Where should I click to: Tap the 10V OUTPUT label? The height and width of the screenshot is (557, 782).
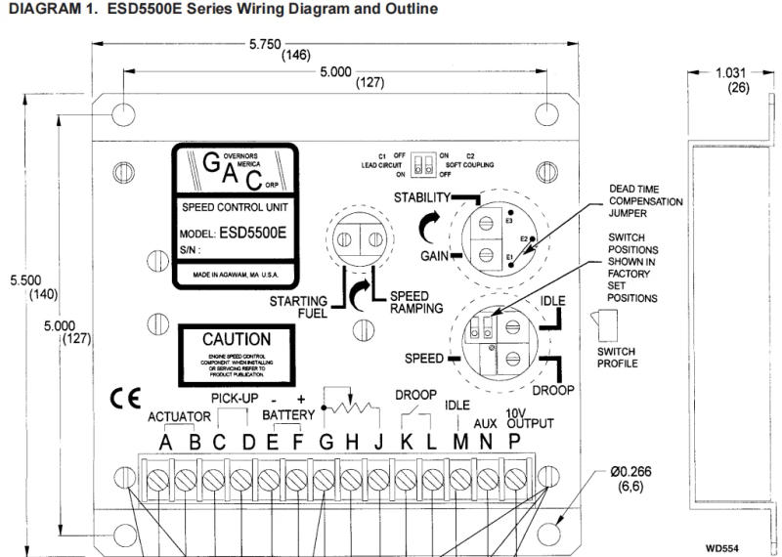(x=530, y=417)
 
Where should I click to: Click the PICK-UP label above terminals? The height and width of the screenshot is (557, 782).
(x=234, y=398)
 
